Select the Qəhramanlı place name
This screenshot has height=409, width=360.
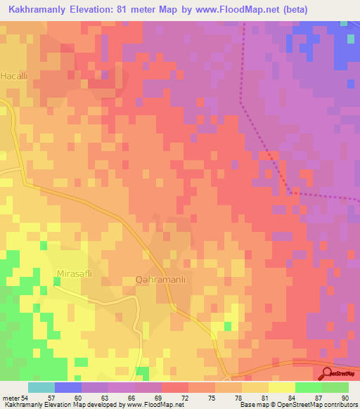tap(160, 280)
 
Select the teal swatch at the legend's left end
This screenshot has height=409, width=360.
tap(41, 387)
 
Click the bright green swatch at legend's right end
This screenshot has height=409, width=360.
tap(335, 387)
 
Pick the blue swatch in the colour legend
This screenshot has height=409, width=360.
tap(68, 387)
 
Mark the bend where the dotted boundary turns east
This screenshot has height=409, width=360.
tap(292, 191)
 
